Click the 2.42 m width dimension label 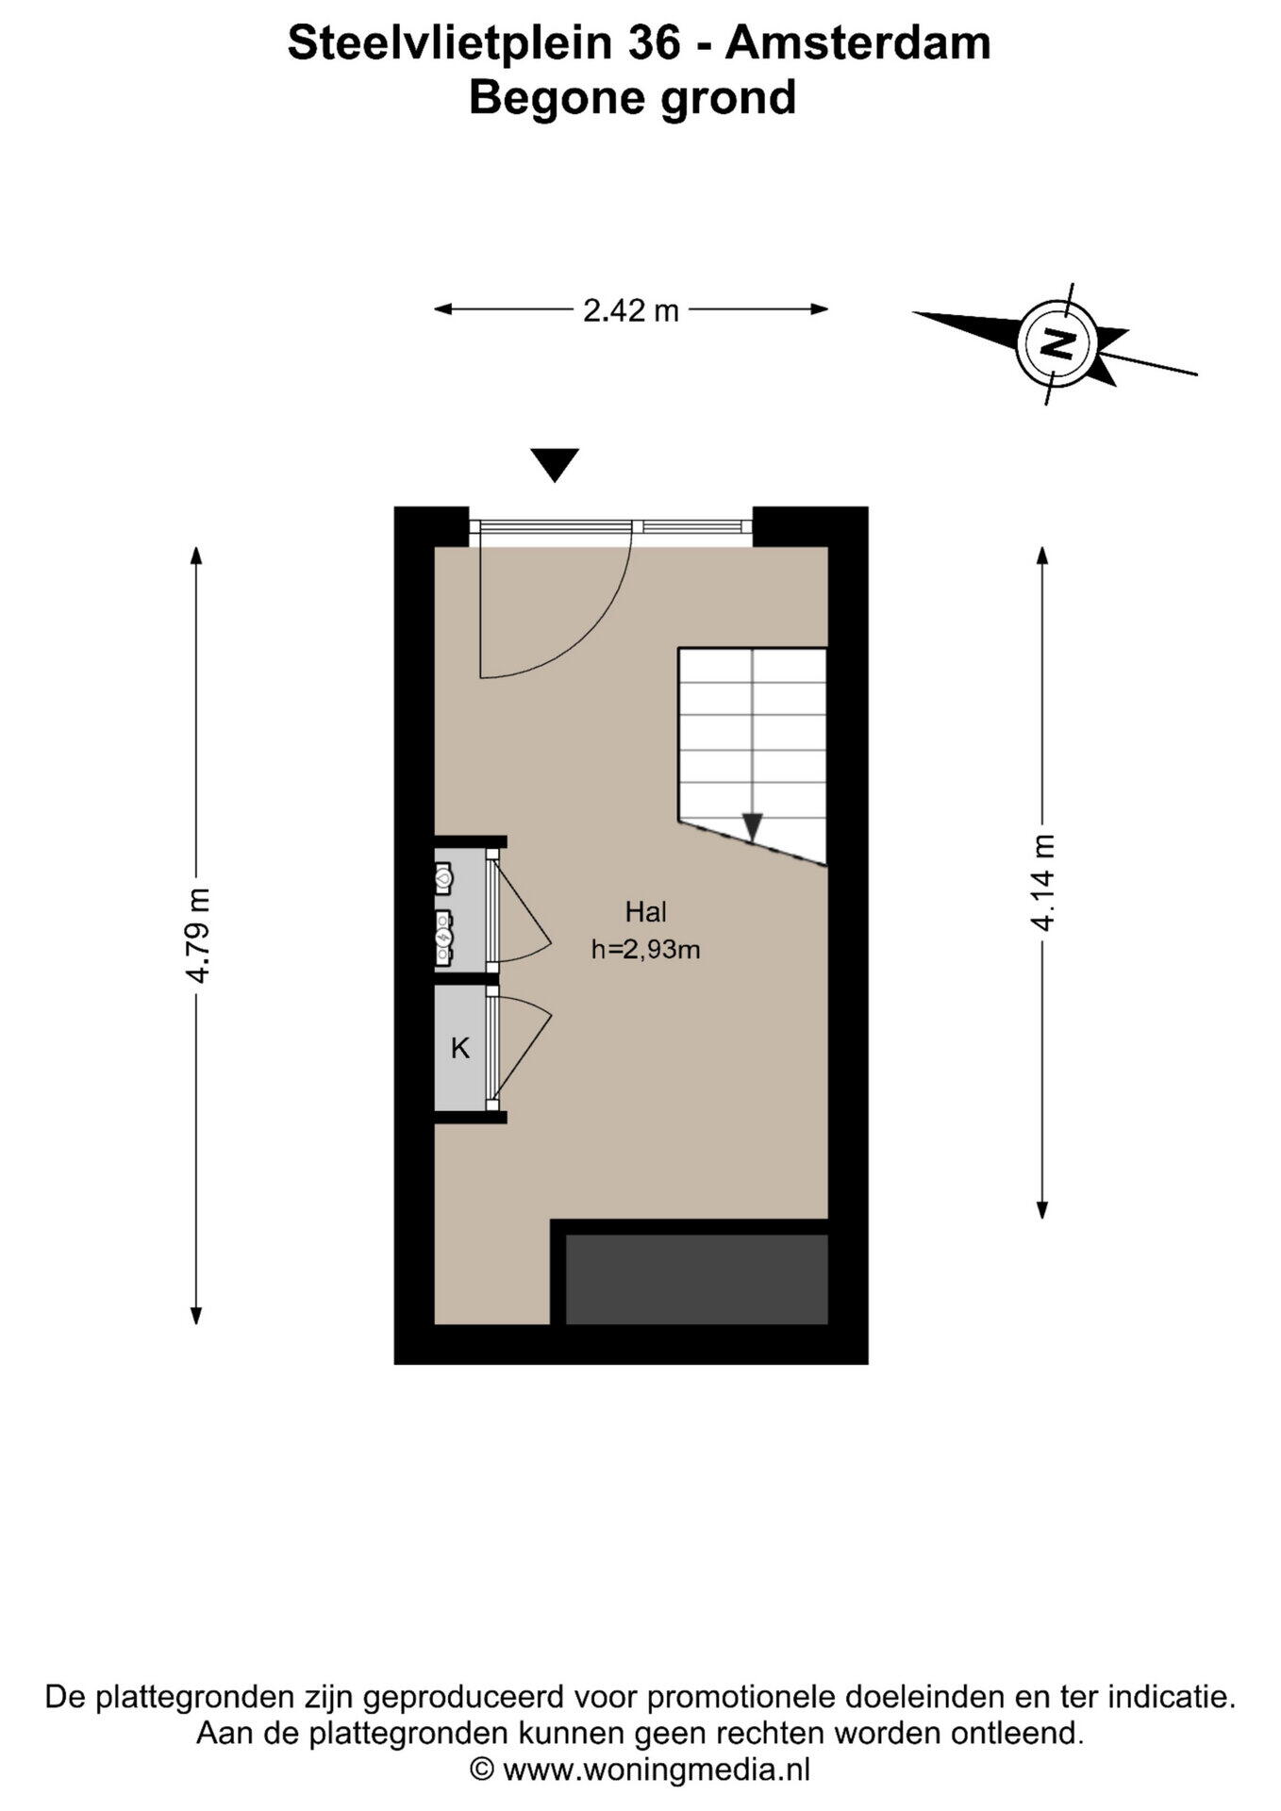630,309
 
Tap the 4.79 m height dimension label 197,936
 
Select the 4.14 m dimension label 1042,883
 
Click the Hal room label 646,912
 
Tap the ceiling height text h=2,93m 646,950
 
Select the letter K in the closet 460,1048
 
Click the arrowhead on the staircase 752,826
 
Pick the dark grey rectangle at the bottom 696,1279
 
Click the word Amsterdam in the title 858,43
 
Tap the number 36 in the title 654,43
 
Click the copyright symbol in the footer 482,1769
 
